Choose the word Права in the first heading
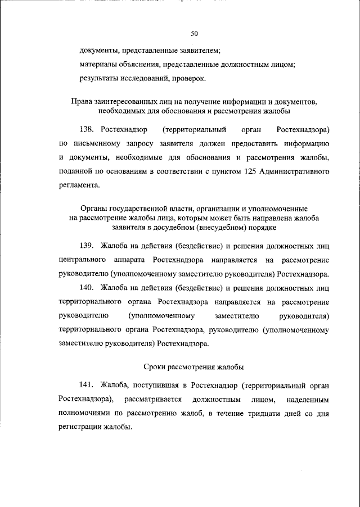click(81, 102)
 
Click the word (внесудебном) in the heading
click(219, 228)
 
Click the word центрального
click(83, 261)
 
